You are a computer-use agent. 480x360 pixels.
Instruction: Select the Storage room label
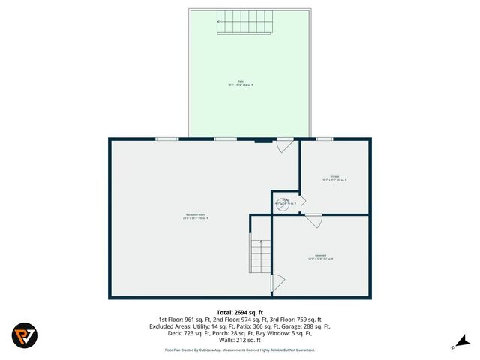coord(334,178)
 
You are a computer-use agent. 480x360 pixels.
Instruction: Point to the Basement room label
coord(320,256)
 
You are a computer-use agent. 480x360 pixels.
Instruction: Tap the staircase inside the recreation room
coord(260,256)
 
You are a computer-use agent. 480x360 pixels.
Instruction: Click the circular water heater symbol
coord(286,202)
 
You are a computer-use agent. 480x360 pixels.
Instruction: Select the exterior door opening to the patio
coord(283,145)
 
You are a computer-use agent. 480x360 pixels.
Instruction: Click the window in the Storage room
coord(325,139)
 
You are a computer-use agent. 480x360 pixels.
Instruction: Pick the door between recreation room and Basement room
coord(277,283)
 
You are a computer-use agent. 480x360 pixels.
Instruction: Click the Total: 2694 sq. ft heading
coord(240,311)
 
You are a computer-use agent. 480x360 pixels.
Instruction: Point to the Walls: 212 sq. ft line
coord(240,341)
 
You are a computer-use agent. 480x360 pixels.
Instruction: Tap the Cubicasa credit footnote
coord(240,349)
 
